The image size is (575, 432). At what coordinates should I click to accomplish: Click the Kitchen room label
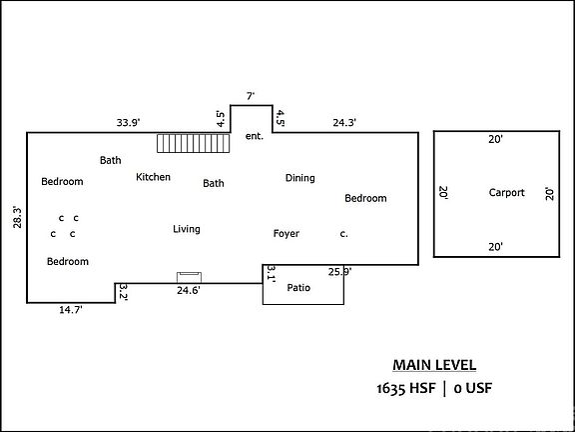[x=154, y=177]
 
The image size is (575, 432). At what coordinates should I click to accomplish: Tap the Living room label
[x=187, y=229]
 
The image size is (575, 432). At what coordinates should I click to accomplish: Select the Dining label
[x=299, y=178]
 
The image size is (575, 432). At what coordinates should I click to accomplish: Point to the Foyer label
[x=287, y=234]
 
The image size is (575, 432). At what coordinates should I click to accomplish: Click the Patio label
[x=298, y=288]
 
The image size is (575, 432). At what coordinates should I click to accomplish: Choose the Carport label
[x=507, y=193]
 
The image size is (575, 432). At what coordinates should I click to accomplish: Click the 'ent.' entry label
[x=255, y=136]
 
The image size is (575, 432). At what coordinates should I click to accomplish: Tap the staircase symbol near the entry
[x=194, y=143]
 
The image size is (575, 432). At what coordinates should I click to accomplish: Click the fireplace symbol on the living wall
[x=189, y=277]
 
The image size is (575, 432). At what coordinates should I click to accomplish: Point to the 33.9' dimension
[x=129, y=122]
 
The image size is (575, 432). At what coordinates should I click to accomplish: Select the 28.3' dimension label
[x=17, y=217]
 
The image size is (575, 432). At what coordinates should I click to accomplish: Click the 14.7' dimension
[x=71, y=310]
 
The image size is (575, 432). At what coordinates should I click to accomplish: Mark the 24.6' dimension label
[x=189, y=291]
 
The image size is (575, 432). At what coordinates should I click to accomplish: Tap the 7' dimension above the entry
[x=251, y=96]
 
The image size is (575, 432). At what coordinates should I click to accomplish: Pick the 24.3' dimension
[x=344, y=122]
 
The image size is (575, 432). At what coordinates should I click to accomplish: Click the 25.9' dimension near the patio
[x=340, y=272]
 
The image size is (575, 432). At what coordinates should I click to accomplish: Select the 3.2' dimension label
[x=123, y=292]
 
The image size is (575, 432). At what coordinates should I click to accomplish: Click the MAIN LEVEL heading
[x=434, y=366]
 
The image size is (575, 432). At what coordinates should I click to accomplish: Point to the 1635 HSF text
[x=406, y=388]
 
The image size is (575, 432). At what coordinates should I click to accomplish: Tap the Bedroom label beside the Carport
[x=365, y=198]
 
